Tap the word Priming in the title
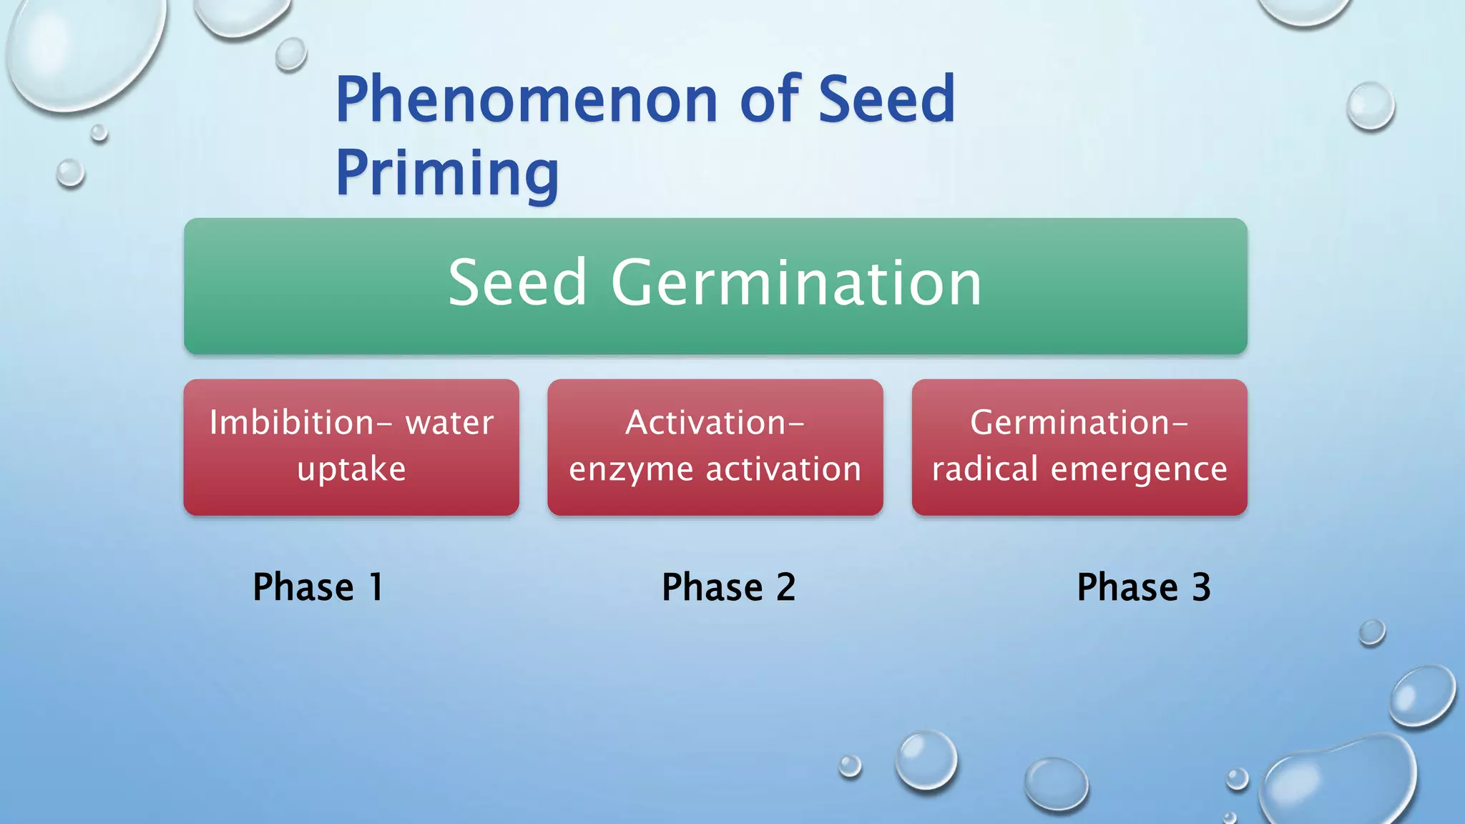[x=447, y=173]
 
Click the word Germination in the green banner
[x=795, y=284]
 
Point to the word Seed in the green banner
[x=517, y=284]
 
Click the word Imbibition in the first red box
[x=292, y=423]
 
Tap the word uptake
[x=351, y=469]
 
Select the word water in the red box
[x=449, y=423]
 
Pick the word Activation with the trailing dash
[x=715, y=423]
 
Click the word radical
[x=984, y=469]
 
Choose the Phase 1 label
[x=318, y=587]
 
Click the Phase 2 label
[x=728, y=587]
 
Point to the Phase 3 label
[x=1143, y=587]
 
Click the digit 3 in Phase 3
[x=1201, y=587]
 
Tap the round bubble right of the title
[x=1371, y=106]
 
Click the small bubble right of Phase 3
[x=1371, y=632]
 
